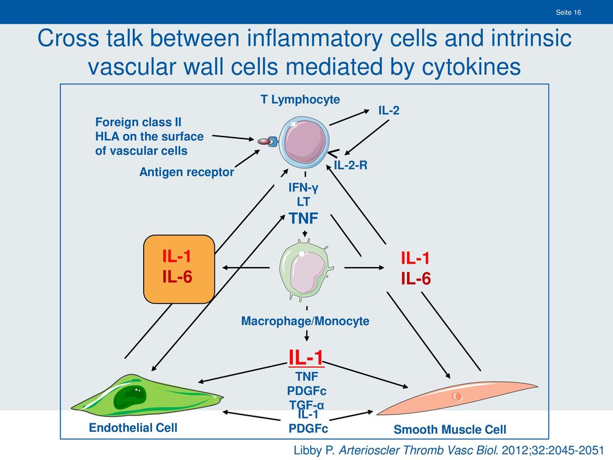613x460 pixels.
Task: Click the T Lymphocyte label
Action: click(301, 100)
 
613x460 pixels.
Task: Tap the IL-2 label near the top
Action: click(389, 110)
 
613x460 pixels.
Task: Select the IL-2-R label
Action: click(351, 165)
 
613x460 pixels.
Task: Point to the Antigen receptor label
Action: click(187, 172)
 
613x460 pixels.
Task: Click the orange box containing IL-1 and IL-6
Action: click(179, 269)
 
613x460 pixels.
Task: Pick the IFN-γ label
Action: click(304, 187)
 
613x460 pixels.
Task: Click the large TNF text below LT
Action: click(304, 218)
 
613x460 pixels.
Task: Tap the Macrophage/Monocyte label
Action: click(305, 321)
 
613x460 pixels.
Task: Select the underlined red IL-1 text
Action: click(306, 358)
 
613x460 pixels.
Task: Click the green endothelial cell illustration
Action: click(147, 396)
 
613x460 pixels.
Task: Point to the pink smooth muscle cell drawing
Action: click(457, 397)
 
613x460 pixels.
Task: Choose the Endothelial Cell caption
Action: click(133, 428)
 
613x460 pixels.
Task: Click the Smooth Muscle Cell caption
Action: click(450, 429)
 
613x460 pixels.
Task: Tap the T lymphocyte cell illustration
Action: click(304, 141)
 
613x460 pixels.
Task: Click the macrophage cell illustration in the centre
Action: click(306, 271)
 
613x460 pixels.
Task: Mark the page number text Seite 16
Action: click(568, 13)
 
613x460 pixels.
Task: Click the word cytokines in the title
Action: click(471, 66)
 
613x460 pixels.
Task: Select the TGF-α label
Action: click(306, 404)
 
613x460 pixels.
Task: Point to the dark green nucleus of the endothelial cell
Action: click(130, 397)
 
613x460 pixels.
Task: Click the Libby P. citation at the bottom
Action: click(449, 450)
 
